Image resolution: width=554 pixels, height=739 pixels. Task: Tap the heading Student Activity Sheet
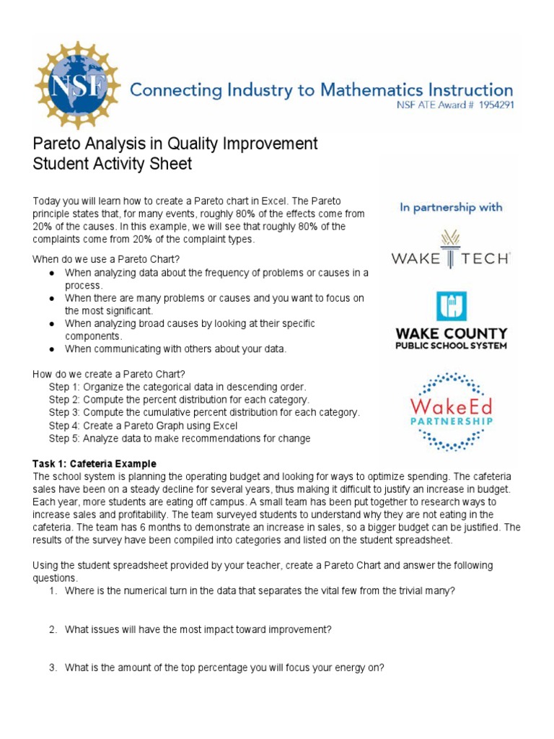tap(113, 164)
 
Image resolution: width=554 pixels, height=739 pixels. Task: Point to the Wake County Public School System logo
tap(451, 320)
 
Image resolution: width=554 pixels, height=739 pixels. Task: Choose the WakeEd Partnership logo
tap(451, 411)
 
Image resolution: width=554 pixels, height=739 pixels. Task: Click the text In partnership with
tap(451, 207)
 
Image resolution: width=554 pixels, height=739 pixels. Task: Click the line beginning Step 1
tap(177, 387)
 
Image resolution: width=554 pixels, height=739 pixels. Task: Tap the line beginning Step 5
tap(180, 438)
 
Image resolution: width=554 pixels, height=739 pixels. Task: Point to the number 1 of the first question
tap(53, 591)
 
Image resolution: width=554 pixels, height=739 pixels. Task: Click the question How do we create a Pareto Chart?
tap(109, 374)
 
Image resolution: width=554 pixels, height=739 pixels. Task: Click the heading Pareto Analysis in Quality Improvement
tap(175, 144)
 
